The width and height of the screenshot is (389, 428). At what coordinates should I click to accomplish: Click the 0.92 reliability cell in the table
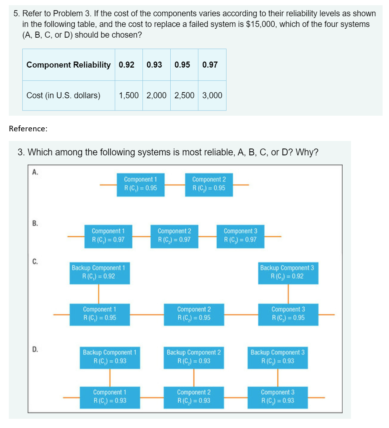coord(127,65)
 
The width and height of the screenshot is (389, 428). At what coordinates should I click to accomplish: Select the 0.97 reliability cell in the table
coord(210,65)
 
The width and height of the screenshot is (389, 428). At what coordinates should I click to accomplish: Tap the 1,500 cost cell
coord(129,95)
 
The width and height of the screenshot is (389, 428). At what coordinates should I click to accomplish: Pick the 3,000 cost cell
coord(212,95)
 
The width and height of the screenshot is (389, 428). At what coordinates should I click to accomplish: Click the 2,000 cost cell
coord(156,95)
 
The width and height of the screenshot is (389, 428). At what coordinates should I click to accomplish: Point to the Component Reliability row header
coord(68,65)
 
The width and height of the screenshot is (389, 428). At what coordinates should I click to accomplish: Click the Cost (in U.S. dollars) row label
coord(63,95)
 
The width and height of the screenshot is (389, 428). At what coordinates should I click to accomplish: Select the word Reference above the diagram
coord(27,129)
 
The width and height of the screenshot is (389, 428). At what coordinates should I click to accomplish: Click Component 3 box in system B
coord(240,236)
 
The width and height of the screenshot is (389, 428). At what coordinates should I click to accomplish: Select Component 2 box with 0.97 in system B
coord(174,236)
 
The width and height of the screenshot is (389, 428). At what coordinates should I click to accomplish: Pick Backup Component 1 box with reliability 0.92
coord(99,272)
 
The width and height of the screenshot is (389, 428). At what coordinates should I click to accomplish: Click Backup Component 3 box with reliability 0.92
coord(287,272)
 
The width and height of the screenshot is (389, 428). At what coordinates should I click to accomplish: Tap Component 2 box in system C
coord(194,314)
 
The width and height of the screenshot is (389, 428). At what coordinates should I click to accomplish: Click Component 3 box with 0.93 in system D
coord(277,397)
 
